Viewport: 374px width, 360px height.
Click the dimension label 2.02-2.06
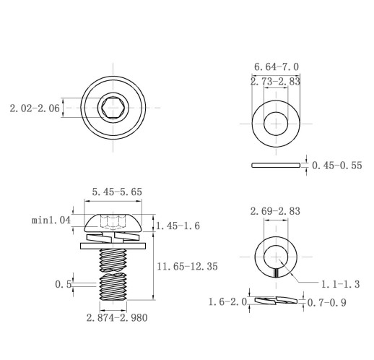click(35, 108)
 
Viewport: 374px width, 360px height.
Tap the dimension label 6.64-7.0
click(277, 67)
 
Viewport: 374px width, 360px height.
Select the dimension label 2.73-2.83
click(275, 82)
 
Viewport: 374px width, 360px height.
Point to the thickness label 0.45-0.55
click(337, 166)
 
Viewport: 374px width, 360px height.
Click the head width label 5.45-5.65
click(117, 192)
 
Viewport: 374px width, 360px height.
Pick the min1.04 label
click(51, 220)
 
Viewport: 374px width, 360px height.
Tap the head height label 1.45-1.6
click(178, 226)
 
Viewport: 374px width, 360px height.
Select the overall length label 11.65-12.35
click(187, 267)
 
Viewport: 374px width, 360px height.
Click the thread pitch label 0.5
click(63, 284)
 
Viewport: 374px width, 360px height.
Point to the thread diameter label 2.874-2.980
click(117, 318)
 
